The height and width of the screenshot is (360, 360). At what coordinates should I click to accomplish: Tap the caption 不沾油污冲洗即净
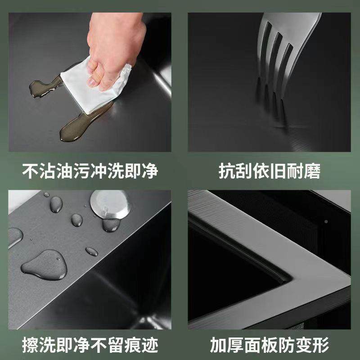[x=90, y=171]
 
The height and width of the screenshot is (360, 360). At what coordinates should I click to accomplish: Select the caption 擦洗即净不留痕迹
[x=90, y=346]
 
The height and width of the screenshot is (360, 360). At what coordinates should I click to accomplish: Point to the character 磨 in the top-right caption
[x=313, y=171]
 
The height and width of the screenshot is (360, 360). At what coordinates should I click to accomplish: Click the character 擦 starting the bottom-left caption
[x=30, y=346]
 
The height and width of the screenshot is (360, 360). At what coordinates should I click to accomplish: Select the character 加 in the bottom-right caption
[x=218, y=346]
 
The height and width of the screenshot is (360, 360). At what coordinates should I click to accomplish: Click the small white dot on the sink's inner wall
[x=325, y=221]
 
